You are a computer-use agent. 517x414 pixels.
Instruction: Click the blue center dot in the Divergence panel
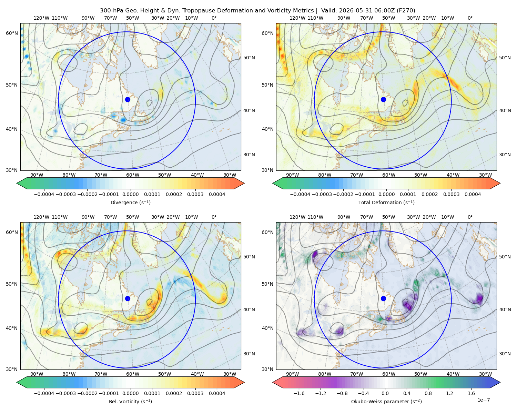pyautogui.click(x=128, y=99)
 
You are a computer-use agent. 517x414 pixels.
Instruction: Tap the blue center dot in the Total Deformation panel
pyautogui.click(x=383, y=99)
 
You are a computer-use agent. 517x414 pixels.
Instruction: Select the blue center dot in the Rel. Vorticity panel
pyautogui.click(x=128, y=298)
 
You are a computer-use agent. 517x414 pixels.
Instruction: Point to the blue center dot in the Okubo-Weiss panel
pyautogui.click(x=383, y=298)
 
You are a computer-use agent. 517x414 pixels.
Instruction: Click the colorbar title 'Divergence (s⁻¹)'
pyautogui.click(x=130, y=203)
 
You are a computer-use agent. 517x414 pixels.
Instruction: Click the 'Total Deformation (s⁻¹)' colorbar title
pyautogui.click(x=386, y=203)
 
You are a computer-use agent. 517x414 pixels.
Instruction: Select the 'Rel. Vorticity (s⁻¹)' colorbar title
pyautogui.click(x=130, y=402)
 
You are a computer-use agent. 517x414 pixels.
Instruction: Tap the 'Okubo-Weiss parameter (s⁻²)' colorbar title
pyautogui.click(x=386, y=402)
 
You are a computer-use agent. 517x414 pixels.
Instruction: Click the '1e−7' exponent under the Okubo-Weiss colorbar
pyautogui.click(x=483, y=400)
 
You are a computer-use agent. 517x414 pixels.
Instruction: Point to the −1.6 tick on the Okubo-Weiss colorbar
pyautogui.click(x=299, y=393)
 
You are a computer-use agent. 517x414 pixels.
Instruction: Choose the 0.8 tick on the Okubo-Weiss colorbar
pyautogui.click(x=428, y=393)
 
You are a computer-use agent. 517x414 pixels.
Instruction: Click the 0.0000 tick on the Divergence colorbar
pyautogui.click(x=130, y=194)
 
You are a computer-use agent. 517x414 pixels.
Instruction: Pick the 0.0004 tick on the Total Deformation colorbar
pyautogui.click(x=473, y=194)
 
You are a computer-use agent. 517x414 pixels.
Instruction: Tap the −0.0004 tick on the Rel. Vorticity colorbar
pyautogui.click(x=44, y=393)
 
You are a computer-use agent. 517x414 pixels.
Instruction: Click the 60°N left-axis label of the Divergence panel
pyautogui.click(x=12, y=33)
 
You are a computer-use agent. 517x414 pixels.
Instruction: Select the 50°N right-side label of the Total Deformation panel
pyautogui.click(x=505, y=58)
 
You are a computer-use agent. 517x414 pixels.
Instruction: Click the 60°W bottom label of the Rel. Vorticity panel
pyautogui.click(x=133, y=374)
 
